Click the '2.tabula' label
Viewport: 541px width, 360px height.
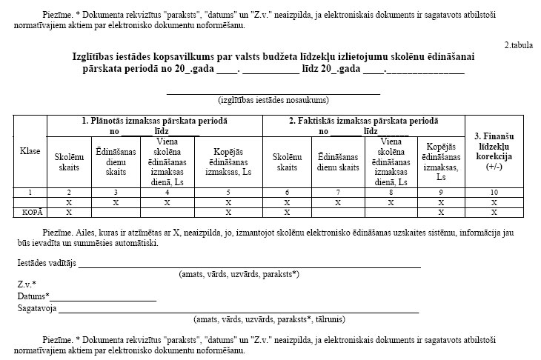[518, 45]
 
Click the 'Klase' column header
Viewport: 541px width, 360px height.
[30, 150]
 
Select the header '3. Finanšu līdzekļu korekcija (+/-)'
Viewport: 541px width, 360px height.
[494, 151]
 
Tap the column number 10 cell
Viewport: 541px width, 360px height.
[494, 193]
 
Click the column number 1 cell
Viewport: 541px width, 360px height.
[30, 193]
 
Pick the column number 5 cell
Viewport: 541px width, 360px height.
[228, 193]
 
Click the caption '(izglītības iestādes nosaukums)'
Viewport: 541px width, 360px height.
[273, 100]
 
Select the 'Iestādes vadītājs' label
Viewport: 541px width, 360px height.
[47, 263]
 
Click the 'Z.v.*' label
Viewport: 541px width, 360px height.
[27, 284]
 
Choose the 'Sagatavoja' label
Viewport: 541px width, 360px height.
[37, 307]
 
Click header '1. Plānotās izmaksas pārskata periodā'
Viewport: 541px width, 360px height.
[154, 120]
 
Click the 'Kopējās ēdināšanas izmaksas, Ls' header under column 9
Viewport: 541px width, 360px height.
[441, 161]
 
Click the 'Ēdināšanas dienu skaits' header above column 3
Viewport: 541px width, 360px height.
[115, 161]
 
